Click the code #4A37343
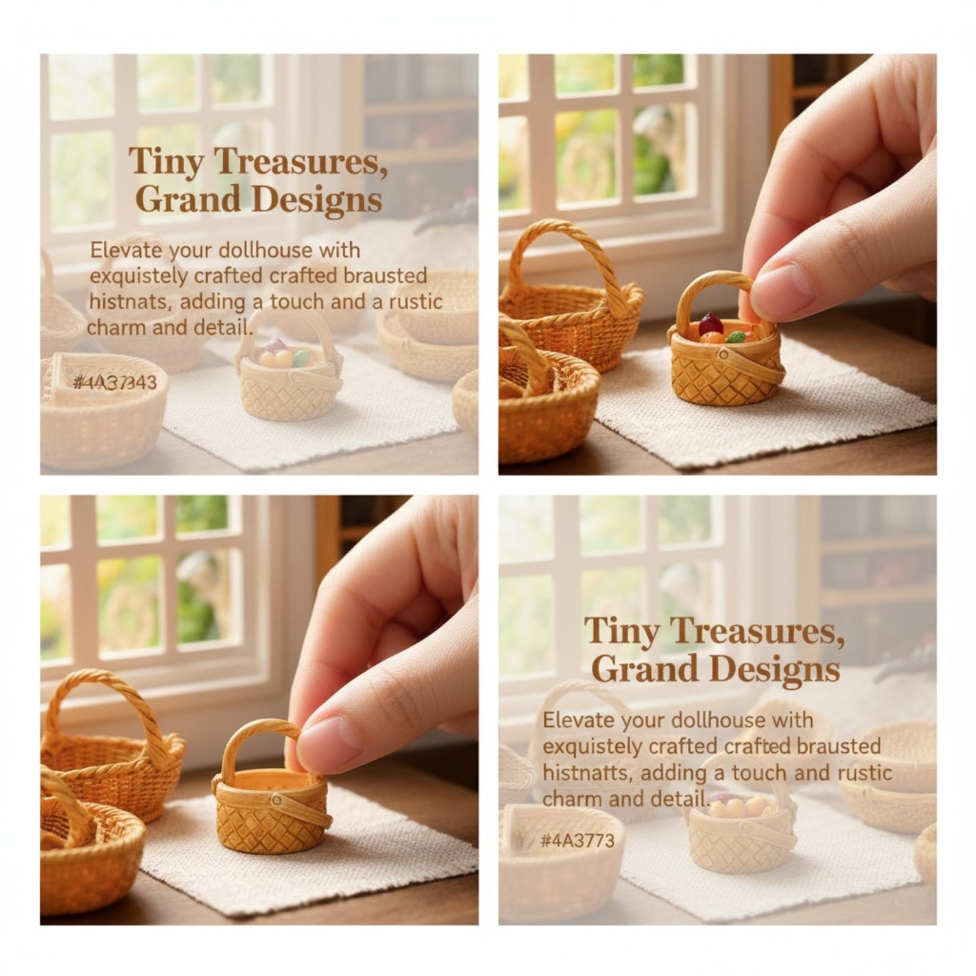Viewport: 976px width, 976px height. [x=114, y=382]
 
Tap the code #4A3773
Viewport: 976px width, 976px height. [x=578, y=841]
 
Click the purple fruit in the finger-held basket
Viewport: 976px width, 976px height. [x=710, y=323]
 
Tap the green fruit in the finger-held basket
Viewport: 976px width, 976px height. [x=736, y=337]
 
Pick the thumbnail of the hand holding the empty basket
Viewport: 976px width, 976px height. [x=259, y=710]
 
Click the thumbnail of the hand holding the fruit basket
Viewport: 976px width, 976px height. [x=717, y=264]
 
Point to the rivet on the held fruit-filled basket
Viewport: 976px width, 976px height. [x=723, y=354]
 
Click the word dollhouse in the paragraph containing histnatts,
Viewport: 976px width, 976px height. [x=719, y=720]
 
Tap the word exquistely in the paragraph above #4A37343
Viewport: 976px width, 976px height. [x=139, y=276]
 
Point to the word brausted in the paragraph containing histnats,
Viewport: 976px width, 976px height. [x=385, y=276]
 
